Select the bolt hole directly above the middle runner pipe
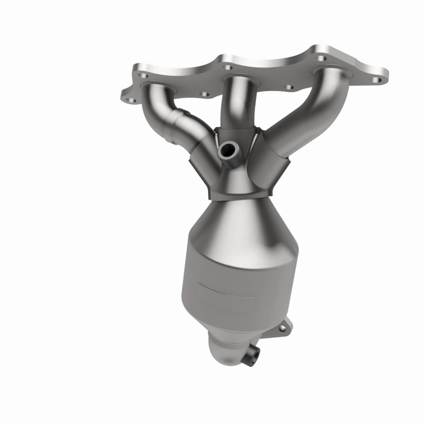[227, 68]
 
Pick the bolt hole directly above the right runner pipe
[321, 58]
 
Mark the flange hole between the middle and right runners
[289, 87]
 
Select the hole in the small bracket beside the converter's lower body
[283, 328]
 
